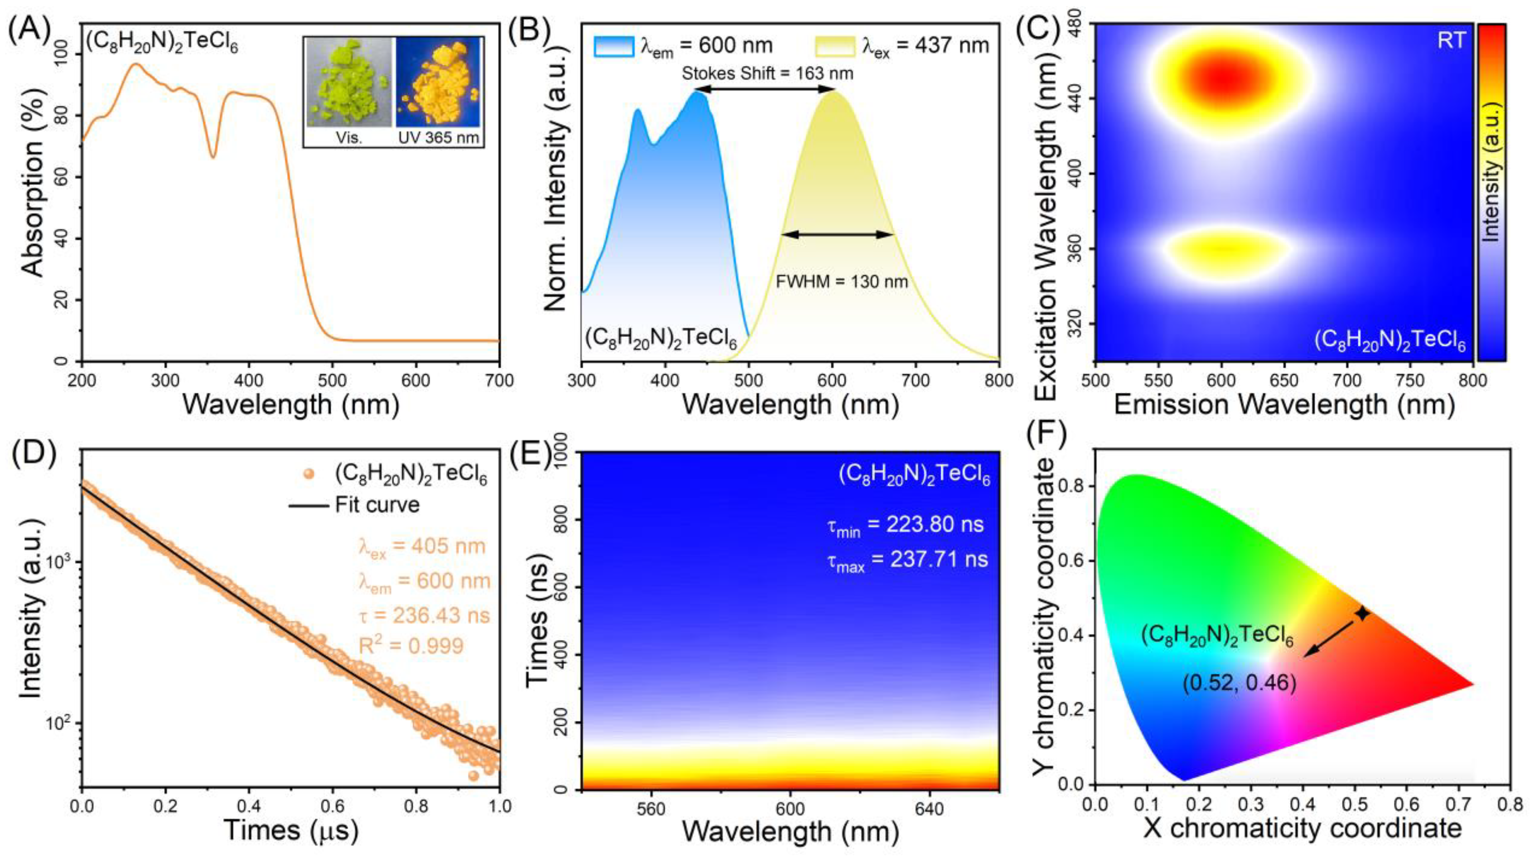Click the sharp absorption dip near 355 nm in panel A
point(213,156)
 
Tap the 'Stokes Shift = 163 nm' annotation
point(767,74)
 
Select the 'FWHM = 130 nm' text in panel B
point(842,281)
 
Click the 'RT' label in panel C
point(1451,41)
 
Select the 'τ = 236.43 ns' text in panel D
point(424,615)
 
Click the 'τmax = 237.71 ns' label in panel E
point(907,560)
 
